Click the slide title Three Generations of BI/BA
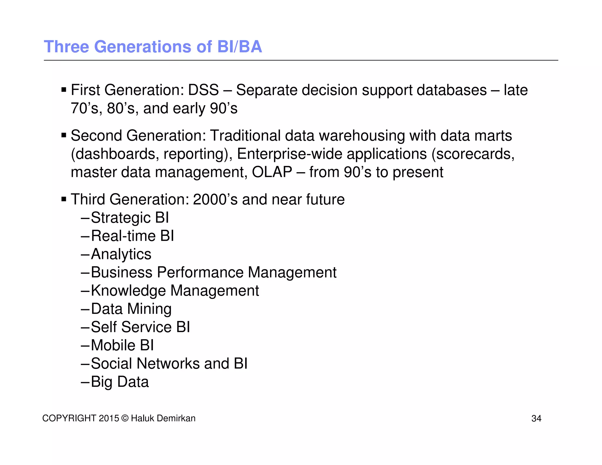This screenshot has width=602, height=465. [153, 47]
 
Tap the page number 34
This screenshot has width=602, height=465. [536, 418]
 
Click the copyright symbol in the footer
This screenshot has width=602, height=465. [125, 418]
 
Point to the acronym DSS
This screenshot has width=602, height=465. [203, 90]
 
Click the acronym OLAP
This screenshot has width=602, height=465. [272, 172]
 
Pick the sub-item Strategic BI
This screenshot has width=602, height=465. [130, 218]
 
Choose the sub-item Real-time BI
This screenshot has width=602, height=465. [132, 236]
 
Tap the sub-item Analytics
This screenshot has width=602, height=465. [121, 254]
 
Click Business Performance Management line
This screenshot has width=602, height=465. [214, 272]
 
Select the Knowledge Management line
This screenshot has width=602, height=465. [175, 291]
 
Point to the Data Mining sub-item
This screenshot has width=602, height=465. [131, 309]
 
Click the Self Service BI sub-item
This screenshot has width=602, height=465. [141, 327]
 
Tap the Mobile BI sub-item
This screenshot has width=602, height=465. [122, 345]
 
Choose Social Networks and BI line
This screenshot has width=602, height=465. [169, 364]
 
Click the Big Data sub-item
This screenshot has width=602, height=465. [120, 382]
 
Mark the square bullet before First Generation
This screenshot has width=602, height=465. [64, 89]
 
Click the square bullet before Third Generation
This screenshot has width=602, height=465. [64, 199]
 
